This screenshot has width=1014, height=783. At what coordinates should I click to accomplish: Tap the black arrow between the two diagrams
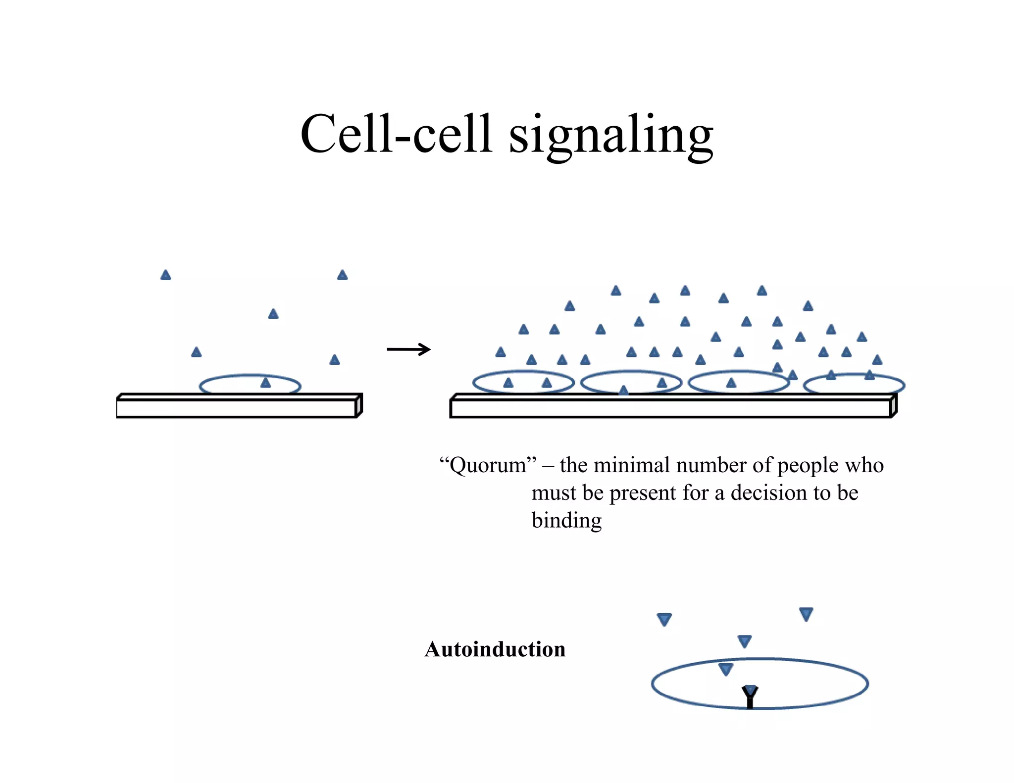tap(408, 349)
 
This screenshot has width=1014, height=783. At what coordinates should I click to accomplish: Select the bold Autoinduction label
tap(495, 649)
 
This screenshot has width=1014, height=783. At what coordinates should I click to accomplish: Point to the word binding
tap(566, 521)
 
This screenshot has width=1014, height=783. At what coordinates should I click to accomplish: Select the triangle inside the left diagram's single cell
tap(266, 383)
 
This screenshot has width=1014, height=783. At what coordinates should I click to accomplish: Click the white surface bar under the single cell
tap(237, 408)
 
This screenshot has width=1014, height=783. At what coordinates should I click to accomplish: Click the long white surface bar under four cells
tap(671, 408)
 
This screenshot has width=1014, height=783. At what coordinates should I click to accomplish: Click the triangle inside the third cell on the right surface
tap(731, 383)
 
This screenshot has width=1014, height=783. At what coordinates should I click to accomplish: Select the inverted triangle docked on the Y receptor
tap(751, 689)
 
